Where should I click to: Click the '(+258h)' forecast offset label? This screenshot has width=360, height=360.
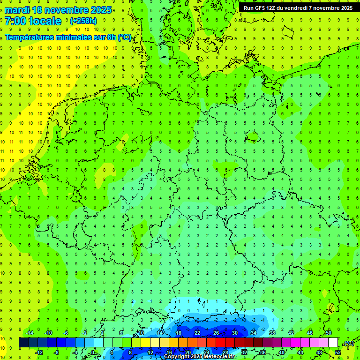pos(83,21)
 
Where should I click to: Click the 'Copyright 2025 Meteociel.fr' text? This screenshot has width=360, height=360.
pos(200,357)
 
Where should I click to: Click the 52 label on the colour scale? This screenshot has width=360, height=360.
pos(338,352)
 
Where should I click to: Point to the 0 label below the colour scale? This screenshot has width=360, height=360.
pos(92,352)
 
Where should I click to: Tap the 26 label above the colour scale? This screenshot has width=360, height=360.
pos(216,332)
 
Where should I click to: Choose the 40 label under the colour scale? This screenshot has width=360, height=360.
pos(281,352)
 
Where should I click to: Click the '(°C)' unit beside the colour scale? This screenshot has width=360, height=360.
pos(349,344)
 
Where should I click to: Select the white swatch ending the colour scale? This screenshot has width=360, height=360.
pos(333,343)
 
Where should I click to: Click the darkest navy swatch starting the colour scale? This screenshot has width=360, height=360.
pos(23,343)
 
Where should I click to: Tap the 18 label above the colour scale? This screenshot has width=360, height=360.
pos(179,332)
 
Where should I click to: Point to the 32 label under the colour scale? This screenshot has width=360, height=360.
pos(244,352)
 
